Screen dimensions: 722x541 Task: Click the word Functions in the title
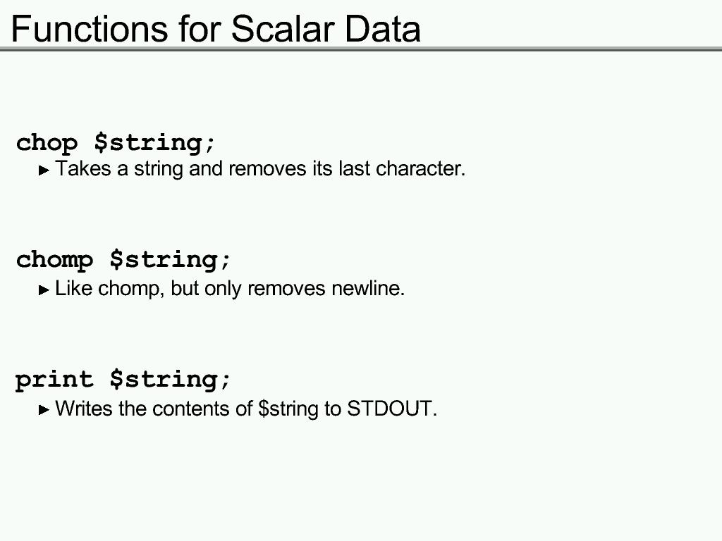(x=90, y=29)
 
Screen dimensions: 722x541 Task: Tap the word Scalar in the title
(x=282, y=29)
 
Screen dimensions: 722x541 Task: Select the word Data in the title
(x=382, y=29)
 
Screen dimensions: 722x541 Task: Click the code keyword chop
(x=47, y=143)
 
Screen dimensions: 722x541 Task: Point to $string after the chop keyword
(x=154, y=142)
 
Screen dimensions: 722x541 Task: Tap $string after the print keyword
(x=170, y=380)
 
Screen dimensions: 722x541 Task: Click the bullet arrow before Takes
(x=44, y=170)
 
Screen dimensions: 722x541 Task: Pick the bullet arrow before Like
(x=44, y=290)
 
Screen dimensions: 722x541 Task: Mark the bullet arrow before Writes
(x=44, y=410)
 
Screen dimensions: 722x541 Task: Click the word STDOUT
(x=391, y=409)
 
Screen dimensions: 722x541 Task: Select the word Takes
(x=83, y=168)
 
